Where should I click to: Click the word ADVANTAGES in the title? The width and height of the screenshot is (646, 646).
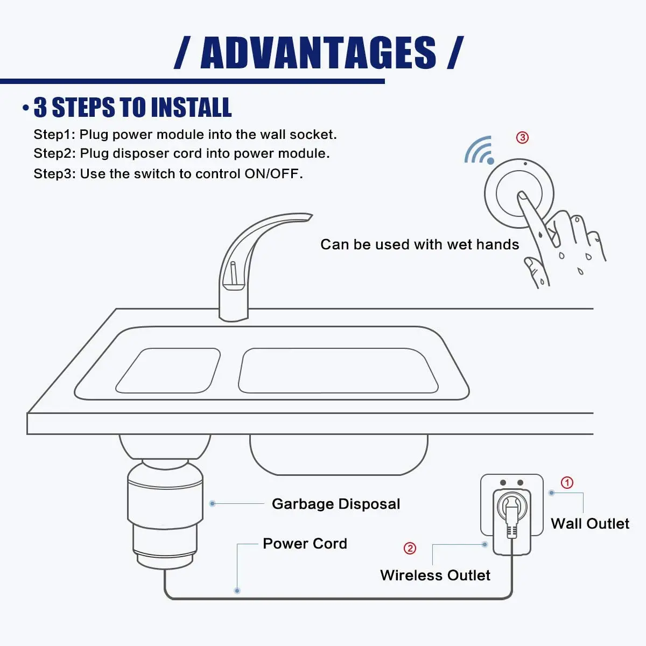click(x=318, y=53)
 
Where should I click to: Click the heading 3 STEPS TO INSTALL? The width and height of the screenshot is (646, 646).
click(x=132, y=108)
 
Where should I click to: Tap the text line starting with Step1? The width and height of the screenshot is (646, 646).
click(x=185, y=135)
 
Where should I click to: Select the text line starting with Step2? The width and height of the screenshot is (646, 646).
click(x=181, y=154)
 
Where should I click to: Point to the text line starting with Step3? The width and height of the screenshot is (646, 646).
click(x=168, y=174)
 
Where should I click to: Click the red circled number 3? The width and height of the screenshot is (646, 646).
click(x=522, y=137)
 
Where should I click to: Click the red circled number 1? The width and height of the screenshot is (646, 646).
click(x=567, y=482)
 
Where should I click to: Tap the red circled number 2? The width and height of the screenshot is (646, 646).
click(x=410, y=548)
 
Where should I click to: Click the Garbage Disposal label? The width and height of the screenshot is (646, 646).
click(x=336, y=504)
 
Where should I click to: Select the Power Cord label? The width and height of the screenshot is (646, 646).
click(x=305, y=544)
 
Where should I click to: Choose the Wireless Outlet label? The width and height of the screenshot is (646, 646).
click(x=435, y=575)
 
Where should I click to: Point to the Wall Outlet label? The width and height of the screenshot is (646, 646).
click(x=590, y=524)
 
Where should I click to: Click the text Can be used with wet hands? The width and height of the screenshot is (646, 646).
click(x=419, y=244)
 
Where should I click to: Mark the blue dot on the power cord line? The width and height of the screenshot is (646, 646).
click(x=237, y=591)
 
